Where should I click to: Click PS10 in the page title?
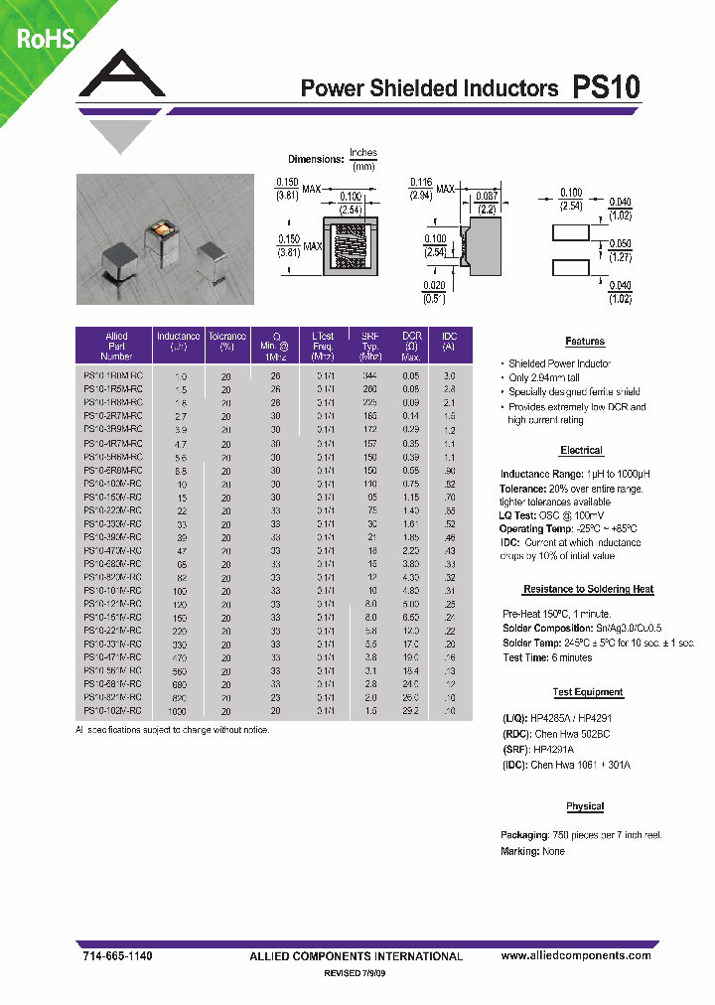(x=607, y=87)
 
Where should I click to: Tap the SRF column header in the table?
(x=369, y=336)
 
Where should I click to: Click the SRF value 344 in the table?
(x=369, y=376)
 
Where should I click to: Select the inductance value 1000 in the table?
(x=179, y=711)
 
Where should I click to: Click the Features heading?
(x=585, y=342)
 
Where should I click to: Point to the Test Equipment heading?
(x=588, y=692)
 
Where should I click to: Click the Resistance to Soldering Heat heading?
(x=588, y=589)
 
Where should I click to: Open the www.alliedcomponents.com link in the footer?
(x=576, y=955)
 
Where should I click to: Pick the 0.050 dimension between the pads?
(x=620, y=243)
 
